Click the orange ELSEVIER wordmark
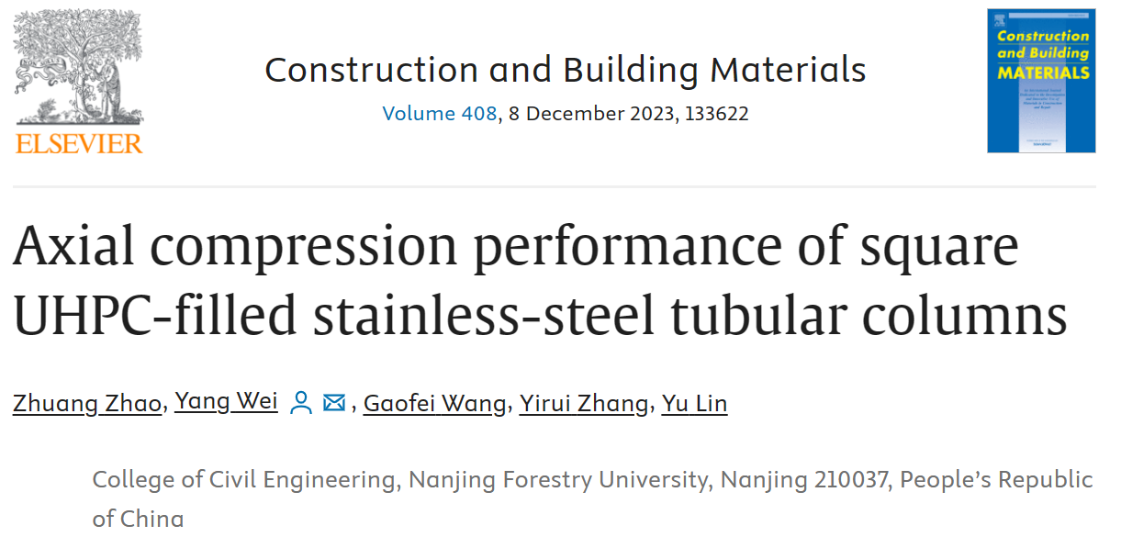(79, 143)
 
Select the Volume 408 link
(439, 114)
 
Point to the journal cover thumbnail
(1040, 81)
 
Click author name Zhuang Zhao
(86, 403)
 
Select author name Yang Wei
(226, 402)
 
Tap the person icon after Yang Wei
(300, 403)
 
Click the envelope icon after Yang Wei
(334, 403)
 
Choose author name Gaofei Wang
(434, 403)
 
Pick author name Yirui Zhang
(584, 403)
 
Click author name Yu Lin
(694, 403)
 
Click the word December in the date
(574, 114)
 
